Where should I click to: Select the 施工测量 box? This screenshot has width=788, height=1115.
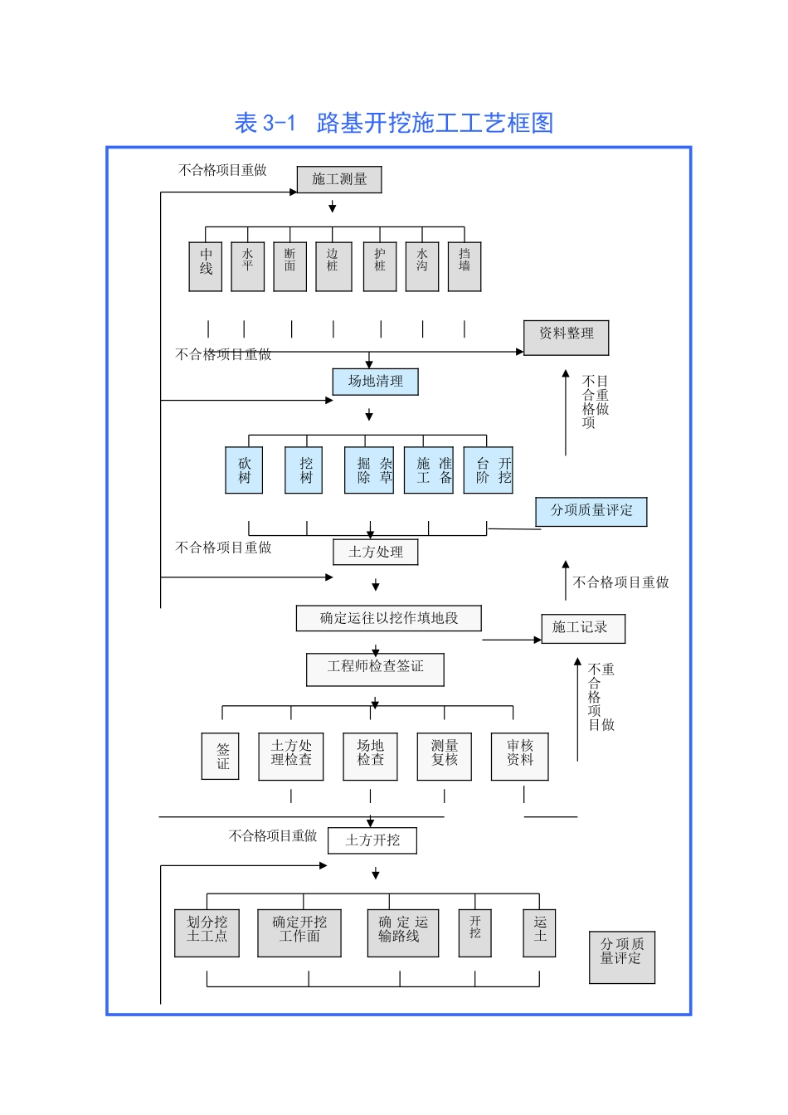[x=339, y=179]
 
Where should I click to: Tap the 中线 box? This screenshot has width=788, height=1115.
[x=206, y=266]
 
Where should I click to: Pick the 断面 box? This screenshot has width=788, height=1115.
[x=289, y=266]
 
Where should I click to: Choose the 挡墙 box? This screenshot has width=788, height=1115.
[x=465, y=266]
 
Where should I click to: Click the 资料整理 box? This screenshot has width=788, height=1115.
[x=567, y=338]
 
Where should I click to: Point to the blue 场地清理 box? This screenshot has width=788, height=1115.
[x=376, y=382]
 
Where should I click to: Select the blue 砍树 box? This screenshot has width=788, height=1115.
[x=244, y=470]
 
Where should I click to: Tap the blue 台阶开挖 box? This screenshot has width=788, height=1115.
[x=489, y=470]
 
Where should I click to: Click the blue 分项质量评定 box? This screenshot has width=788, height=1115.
[x=591, y=511]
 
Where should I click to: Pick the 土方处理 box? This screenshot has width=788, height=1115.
[x=376, y=552]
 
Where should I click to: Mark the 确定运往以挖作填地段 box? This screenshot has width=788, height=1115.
[x=389, y=618]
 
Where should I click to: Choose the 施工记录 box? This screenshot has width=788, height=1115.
[x=583, y=628]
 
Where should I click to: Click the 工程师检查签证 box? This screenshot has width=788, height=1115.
[x=375, y=669]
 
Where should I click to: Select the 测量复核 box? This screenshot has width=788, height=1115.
[x=445, y=756]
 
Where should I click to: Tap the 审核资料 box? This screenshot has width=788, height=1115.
[x=520, y=756]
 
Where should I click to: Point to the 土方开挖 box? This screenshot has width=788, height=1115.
[x=372, y=840]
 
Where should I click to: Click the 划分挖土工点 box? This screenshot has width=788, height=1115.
[x=207, y=932]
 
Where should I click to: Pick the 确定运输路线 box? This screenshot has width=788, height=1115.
[x=403, y=932]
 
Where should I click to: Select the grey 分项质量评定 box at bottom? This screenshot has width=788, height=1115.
[x=622, y=957]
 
